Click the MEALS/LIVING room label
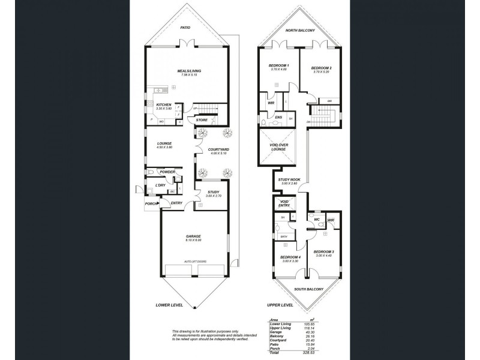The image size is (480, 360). [x=188, y=71]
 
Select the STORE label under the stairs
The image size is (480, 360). [x=202, y=120]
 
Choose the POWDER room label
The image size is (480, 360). [x=167, y=172]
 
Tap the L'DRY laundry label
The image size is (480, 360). [x=160, y=185]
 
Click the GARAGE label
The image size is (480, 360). [x=193, y=236]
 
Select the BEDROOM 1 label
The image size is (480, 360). [x=280, y=65]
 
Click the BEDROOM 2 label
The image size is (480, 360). [x=322, y=68]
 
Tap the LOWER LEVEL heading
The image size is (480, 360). [x=169, y=305]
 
